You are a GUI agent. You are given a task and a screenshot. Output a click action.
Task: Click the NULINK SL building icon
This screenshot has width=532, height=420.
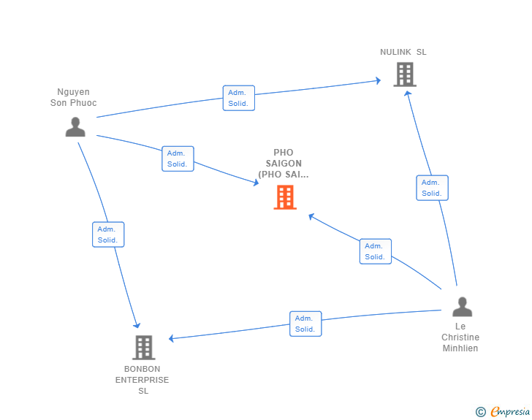pyautogui.click(x=404, y=75)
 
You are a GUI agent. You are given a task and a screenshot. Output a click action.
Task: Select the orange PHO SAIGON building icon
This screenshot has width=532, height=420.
pyautogui.click(x=285, y=196)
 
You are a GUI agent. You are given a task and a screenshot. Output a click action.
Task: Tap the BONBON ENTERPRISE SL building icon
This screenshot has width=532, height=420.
pyautogui.click(x=144, y=348)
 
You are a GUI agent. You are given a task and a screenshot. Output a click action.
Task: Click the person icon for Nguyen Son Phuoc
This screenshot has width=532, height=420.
pyautogui.click(x=75, y=126)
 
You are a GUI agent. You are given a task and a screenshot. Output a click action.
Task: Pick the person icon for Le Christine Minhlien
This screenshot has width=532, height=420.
pyautogui.click(x=462, y=307)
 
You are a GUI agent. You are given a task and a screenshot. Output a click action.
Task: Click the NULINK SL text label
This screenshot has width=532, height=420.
pyautogui.click(x=403, y=52)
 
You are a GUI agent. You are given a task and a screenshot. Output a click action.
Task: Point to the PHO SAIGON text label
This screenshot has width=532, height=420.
pyautogui.click(x=284, y=164)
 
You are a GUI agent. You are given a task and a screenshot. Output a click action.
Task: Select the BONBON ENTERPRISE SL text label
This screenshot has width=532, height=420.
pyautogui.click(x=142, y=380)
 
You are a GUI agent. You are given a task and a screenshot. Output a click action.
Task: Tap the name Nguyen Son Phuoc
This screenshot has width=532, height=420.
pyautogui.click(x=73, y=97)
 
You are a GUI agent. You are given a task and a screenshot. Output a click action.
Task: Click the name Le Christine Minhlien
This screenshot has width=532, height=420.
pyautogui.click(x=460, y=337)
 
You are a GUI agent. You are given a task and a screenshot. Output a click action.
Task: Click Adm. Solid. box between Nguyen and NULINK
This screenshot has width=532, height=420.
pyautogui.click(x=238, y=98)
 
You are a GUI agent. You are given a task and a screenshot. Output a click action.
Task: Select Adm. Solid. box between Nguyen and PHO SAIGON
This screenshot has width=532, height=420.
pyautogui.click(x=178, y=159)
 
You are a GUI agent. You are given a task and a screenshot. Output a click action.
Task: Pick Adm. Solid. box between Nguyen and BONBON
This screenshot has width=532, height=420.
pyautogui.click(x=108, y=234)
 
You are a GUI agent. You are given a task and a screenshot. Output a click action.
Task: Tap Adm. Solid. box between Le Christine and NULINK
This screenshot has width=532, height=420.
pyautogui.click(x=432, y=188)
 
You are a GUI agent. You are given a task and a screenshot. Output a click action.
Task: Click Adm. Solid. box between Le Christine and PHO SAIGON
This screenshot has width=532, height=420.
pyautogui.click(x=376, y=251)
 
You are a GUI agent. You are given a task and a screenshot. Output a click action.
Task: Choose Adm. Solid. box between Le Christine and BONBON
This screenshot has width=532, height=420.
pyautogui.click(x=305, y=324)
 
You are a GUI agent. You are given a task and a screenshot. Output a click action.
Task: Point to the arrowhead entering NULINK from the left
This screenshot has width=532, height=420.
pyautogui.click(x=378, y=80)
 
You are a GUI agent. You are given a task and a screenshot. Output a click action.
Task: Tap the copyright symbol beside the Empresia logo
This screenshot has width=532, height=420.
pyautogui.click(x=481, y=412)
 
